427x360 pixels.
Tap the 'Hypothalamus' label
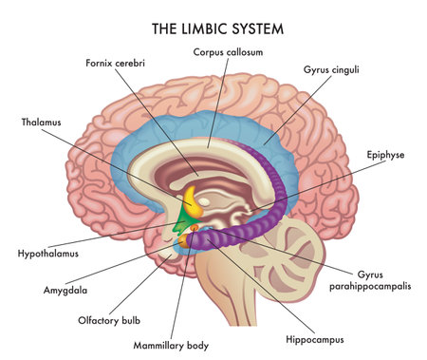click(x=47, y=255)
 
